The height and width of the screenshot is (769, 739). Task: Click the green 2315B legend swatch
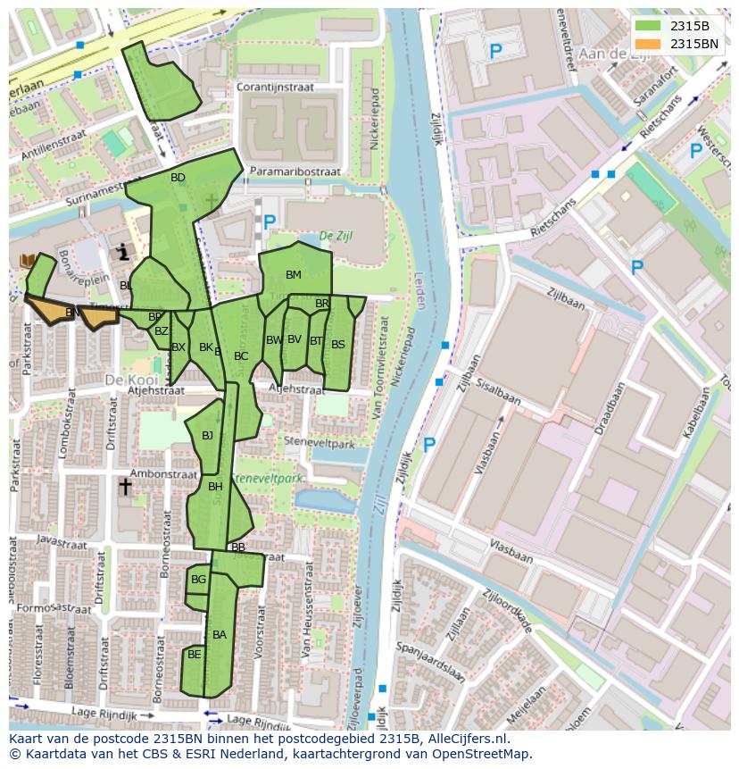(x=649, y=26)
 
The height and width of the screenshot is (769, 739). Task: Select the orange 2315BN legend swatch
(x=649, y=44)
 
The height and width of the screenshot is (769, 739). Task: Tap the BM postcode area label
(x=294, y=274)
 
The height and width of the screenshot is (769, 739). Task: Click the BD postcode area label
(x=178, y=178)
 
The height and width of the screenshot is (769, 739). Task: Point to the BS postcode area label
(x=337, y=344)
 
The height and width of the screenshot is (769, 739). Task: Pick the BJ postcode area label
(x=208, y=436)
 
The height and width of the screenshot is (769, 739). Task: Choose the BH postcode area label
(x=215, y=487)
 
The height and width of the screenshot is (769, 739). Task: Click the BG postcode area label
(x=198, y=580)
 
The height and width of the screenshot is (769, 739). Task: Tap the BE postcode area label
(x=194, y=655)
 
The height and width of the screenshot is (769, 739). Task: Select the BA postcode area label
(x=220, y=635)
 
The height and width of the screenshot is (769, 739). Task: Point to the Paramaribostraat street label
(x=295, y=171)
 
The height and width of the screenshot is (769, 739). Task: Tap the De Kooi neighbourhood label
(x=124, y=379)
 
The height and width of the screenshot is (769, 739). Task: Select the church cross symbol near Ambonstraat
(x=125, y=487)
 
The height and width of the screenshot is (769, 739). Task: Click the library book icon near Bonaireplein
(x=27, y=260)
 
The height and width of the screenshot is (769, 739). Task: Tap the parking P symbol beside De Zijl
(x=269, y=220)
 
